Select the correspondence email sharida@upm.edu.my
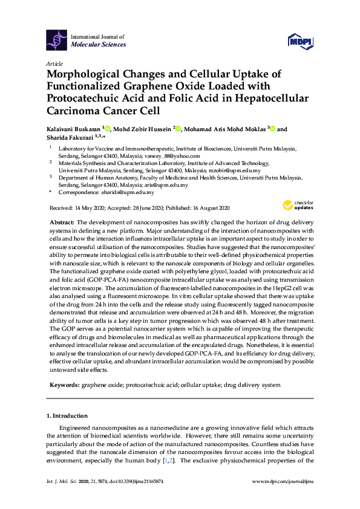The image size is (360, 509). click(127, 192)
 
